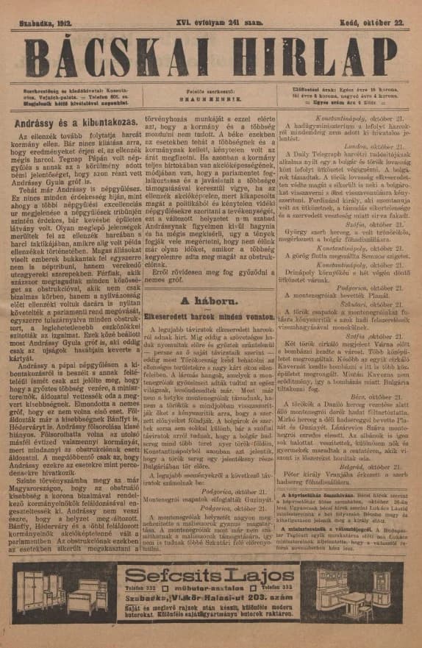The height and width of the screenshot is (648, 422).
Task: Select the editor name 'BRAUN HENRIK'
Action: pos(210,96)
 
